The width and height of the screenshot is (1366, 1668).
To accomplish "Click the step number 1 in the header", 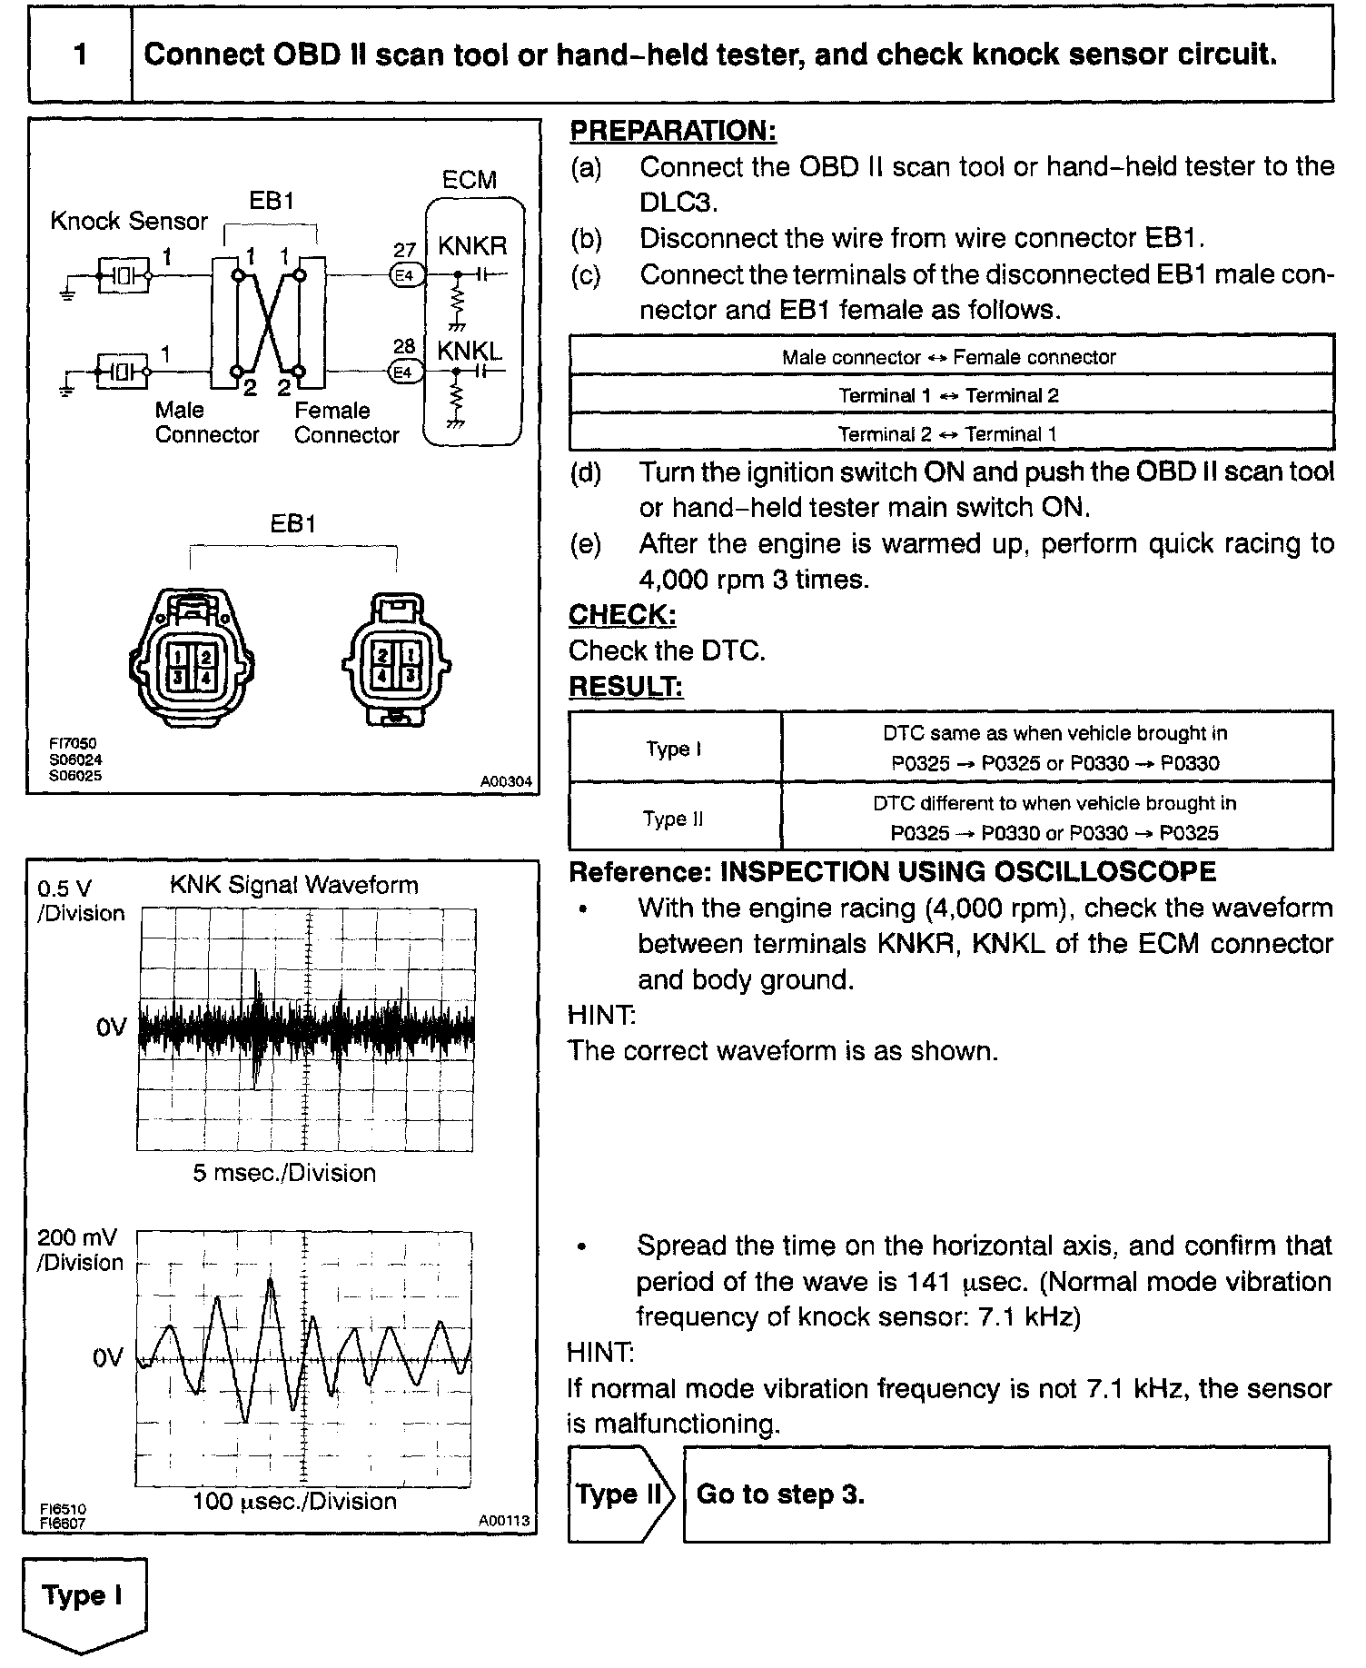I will click(80, 55).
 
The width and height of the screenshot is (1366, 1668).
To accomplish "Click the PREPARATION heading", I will click(672, 131).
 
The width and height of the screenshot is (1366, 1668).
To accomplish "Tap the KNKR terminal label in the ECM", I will click(471, 246).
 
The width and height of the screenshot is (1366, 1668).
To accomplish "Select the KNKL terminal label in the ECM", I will click(469, 351).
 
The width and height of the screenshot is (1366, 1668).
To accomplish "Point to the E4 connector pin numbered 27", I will click(404, 273).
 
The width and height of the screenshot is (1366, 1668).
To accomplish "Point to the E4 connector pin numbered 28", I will click(404, 372).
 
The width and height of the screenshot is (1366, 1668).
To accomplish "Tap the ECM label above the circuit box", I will click(469, 180).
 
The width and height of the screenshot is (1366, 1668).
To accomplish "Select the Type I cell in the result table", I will click(674, 749).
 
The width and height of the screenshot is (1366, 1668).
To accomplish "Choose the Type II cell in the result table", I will click(674, 819).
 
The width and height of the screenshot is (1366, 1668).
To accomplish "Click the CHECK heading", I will click(622, 615).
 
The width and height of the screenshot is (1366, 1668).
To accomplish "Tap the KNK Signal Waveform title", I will click(294, 885).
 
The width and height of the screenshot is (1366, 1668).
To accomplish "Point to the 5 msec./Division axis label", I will click(284, 1173).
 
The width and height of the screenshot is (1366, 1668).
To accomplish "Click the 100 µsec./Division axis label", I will click(294, 1501).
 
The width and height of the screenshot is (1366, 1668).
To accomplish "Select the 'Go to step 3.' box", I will click(1005, 1494).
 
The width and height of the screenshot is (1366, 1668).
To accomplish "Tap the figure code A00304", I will click(506, 780).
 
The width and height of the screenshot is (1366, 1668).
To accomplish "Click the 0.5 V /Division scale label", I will click(80, 900).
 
